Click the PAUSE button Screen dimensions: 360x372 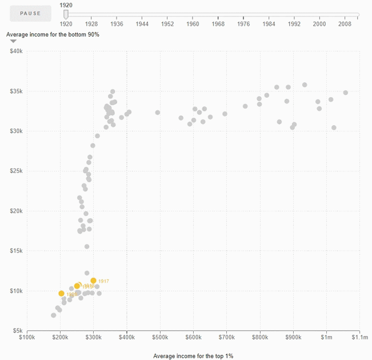[x=30, y=13]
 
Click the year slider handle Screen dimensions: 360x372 [x=66, y=14]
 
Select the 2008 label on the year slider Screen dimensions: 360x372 [x=345, y=25]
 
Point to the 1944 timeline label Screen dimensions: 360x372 [x=142, y=25]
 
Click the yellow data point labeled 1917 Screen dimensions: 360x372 [x=94, y=281]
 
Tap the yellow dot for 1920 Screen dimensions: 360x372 [x=61, y=293]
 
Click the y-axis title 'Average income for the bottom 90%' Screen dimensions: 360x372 [x=53, y=35]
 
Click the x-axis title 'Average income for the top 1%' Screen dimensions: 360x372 [x=193, y=356]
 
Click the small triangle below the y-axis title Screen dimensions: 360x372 [x=13, y=42]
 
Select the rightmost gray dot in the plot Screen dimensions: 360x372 [x=345, y=93]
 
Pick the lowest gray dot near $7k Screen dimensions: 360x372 [x=54, y=315]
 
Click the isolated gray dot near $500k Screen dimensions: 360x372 [x=158, y=113]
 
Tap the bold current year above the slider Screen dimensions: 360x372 [x=66, y=5]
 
